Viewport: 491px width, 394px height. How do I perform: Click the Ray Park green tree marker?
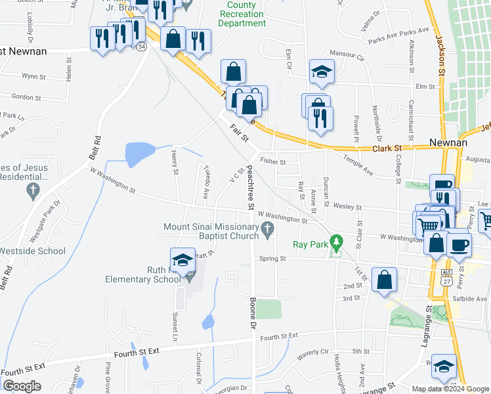click(337, 243)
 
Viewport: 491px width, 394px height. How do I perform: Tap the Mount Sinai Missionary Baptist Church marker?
click(267, 229)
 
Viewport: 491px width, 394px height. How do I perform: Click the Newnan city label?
click(448, 142)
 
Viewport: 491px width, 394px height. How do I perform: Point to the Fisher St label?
click(272, 161)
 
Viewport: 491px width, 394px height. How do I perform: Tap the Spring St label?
click(273, 259)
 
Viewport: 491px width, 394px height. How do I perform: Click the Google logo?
click(21, 385)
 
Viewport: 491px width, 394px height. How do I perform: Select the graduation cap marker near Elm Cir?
click(322, 72)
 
